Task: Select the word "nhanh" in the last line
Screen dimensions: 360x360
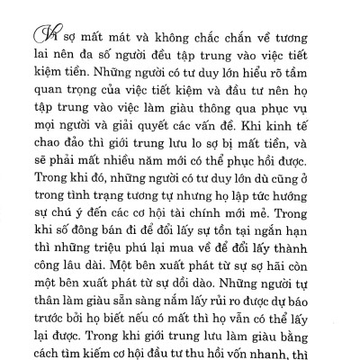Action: pos(288,358)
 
